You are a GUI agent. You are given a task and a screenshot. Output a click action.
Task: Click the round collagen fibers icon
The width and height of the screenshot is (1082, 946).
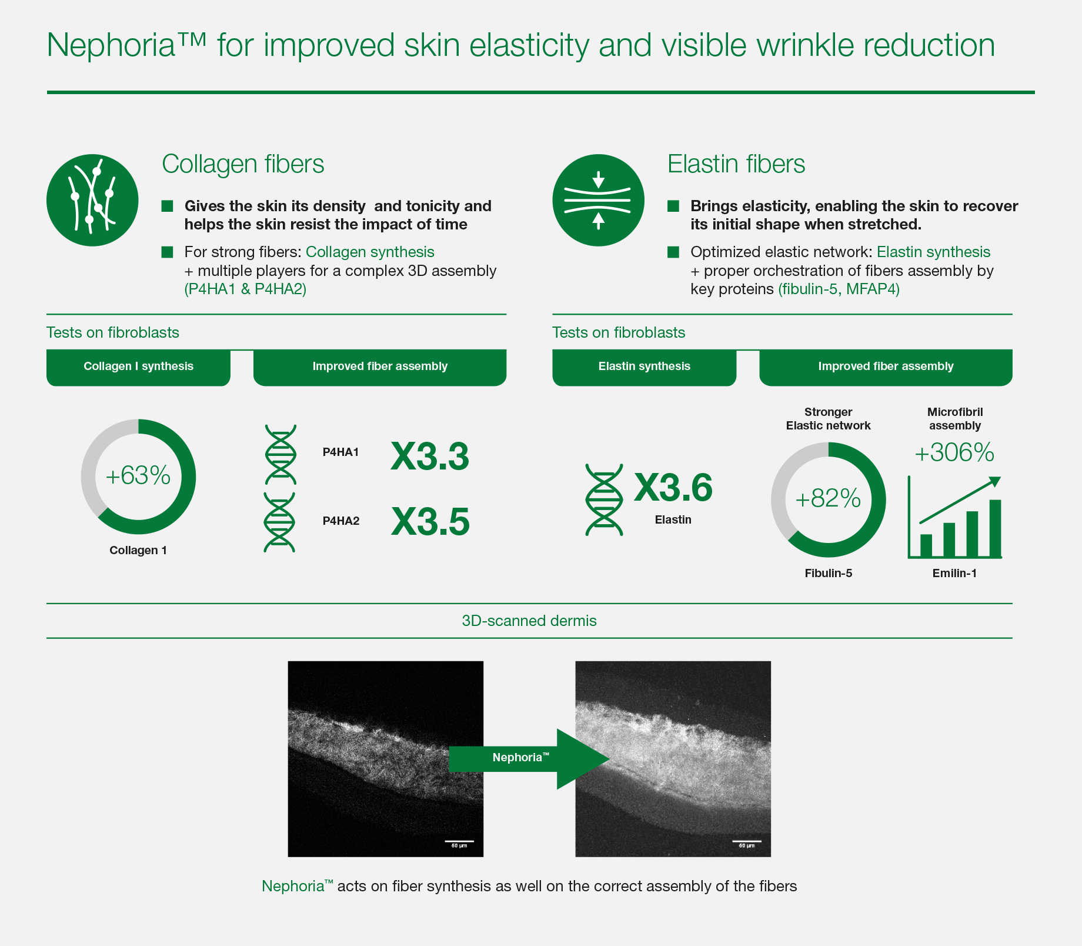[x=92, y=200]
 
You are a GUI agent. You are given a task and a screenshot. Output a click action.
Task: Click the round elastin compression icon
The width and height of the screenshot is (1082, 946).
[x=598, y=200]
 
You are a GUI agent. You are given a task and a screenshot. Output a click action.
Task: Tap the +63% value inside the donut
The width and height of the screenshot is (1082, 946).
[x=138, y=475]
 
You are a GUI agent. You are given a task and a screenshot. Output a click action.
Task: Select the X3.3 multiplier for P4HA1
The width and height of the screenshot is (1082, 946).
[x=430, y=456]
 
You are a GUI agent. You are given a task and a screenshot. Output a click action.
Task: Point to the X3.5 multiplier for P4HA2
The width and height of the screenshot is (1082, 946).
[x=430, y=521]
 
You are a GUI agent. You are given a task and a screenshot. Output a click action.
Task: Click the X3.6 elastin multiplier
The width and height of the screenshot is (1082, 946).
[x=673, y=487]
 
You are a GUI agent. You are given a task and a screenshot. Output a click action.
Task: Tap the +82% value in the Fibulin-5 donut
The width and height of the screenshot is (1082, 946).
[x=828, y=499]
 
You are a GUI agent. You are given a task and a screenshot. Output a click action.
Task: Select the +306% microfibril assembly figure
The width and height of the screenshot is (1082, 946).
[x=954, y=452]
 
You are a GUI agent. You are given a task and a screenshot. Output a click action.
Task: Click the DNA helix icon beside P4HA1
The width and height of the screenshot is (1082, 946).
[x=280, y=454]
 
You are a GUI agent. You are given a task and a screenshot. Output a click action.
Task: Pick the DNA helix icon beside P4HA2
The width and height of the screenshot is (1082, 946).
[x=280, y=522]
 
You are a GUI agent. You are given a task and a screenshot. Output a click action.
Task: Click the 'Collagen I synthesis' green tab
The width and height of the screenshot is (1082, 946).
[x=138, y=367]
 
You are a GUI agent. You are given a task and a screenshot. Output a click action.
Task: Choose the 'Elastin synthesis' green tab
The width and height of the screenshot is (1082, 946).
[x=644, y=367]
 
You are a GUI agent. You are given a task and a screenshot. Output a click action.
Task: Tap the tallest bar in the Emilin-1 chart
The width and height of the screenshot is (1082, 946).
[x=995, y=528]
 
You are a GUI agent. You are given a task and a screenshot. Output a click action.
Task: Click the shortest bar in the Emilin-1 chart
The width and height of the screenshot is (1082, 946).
[x=926, y=545]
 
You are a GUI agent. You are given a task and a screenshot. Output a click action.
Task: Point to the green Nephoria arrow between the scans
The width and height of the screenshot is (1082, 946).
[x=529, y=759]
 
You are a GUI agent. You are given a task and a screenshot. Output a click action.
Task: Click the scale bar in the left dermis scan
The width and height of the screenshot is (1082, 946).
[x=459, y=841]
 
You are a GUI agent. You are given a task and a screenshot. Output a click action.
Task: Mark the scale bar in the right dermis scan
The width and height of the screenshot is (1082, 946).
[x=746, y=841]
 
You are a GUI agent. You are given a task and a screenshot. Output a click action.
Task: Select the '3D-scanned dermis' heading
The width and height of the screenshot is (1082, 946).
[x=529, y=621]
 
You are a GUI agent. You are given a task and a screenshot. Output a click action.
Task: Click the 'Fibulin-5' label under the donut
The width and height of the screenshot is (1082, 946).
[x=828, y=573]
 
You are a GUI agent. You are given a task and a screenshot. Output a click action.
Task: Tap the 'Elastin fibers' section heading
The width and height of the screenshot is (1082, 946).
[x=736, y=164]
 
